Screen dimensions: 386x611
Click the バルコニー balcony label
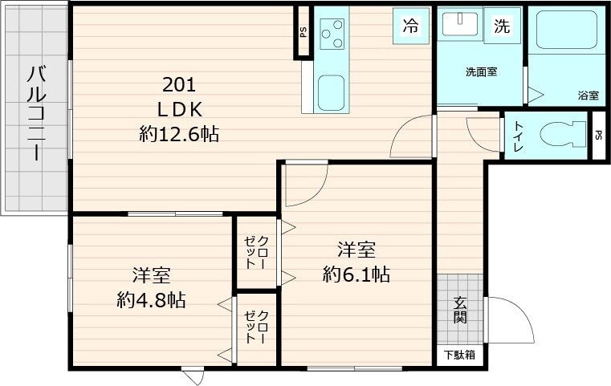[35, 112]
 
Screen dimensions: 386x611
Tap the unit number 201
[179, 85]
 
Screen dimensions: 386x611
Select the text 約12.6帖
[179, 134]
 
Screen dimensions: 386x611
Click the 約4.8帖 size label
[151, 300]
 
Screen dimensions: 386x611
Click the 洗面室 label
[481, 71]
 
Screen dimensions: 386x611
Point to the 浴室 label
[588, 95]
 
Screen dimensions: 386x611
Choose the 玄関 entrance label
[461, 311]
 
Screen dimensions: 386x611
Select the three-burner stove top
[332, 35]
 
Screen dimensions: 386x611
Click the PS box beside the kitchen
[303, 33]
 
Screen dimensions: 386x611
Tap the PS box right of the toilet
[598, 135]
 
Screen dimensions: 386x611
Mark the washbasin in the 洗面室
[461, 23]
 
